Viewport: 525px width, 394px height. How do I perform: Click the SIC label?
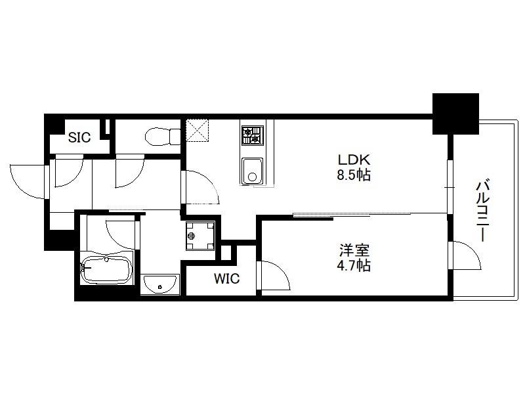(x=79, y=137)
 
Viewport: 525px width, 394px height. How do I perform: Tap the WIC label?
(x=226, y=278)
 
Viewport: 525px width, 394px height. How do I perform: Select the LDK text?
(x=354, y=160)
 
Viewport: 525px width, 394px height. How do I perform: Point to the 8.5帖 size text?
(x=354, y=175)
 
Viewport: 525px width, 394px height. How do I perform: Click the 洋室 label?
(x=354, y=250)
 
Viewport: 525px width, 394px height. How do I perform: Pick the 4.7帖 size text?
(x=354, y=266)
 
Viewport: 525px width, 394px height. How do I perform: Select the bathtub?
(x=106, y=271)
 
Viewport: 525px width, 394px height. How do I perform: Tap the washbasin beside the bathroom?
(x=160, y=285)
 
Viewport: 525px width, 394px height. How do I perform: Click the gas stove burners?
(x=252, y=135)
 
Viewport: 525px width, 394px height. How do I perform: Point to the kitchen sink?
(x=253, y=171)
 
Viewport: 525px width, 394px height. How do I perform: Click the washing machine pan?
(x=200, y=236)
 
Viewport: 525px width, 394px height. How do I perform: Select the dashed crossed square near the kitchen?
(x=197, y=130)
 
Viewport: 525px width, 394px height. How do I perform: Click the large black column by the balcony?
(x=455, y=114)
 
